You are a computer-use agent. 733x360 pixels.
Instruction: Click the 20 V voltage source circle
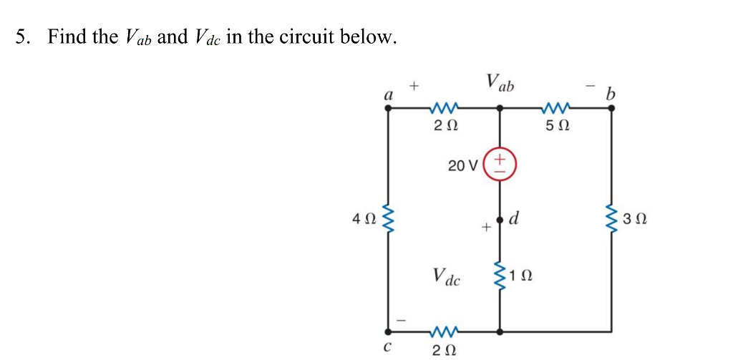coord(500,163)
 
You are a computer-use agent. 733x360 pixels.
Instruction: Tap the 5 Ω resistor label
coord(558,127)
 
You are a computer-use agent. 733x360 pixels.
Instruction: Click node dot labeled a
coord(388,109)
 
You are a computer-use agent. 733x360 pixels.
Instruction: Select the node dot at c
coord(388,331)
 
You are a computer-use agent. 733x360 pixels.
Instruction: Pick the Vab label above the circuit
coord(500,83)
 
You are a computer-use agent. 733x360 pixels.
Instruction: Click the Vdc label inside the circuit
coord(447,276)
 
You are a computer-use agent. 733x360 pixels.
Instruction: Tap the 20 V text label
coord(462,166)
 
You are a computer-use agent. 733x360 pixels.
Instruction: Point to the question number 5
coord(21,37)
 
